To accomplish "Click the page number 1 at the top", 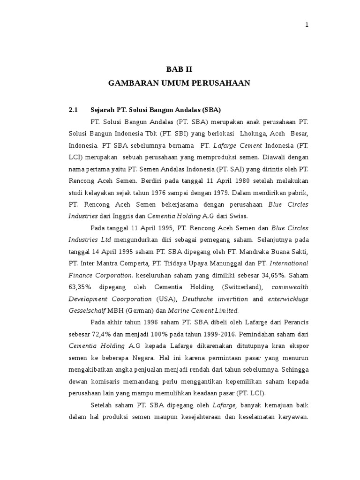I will [307, 25].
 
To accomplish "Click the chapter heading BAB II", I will [179, 69].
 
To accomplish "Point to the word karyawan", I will [292, 417].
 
